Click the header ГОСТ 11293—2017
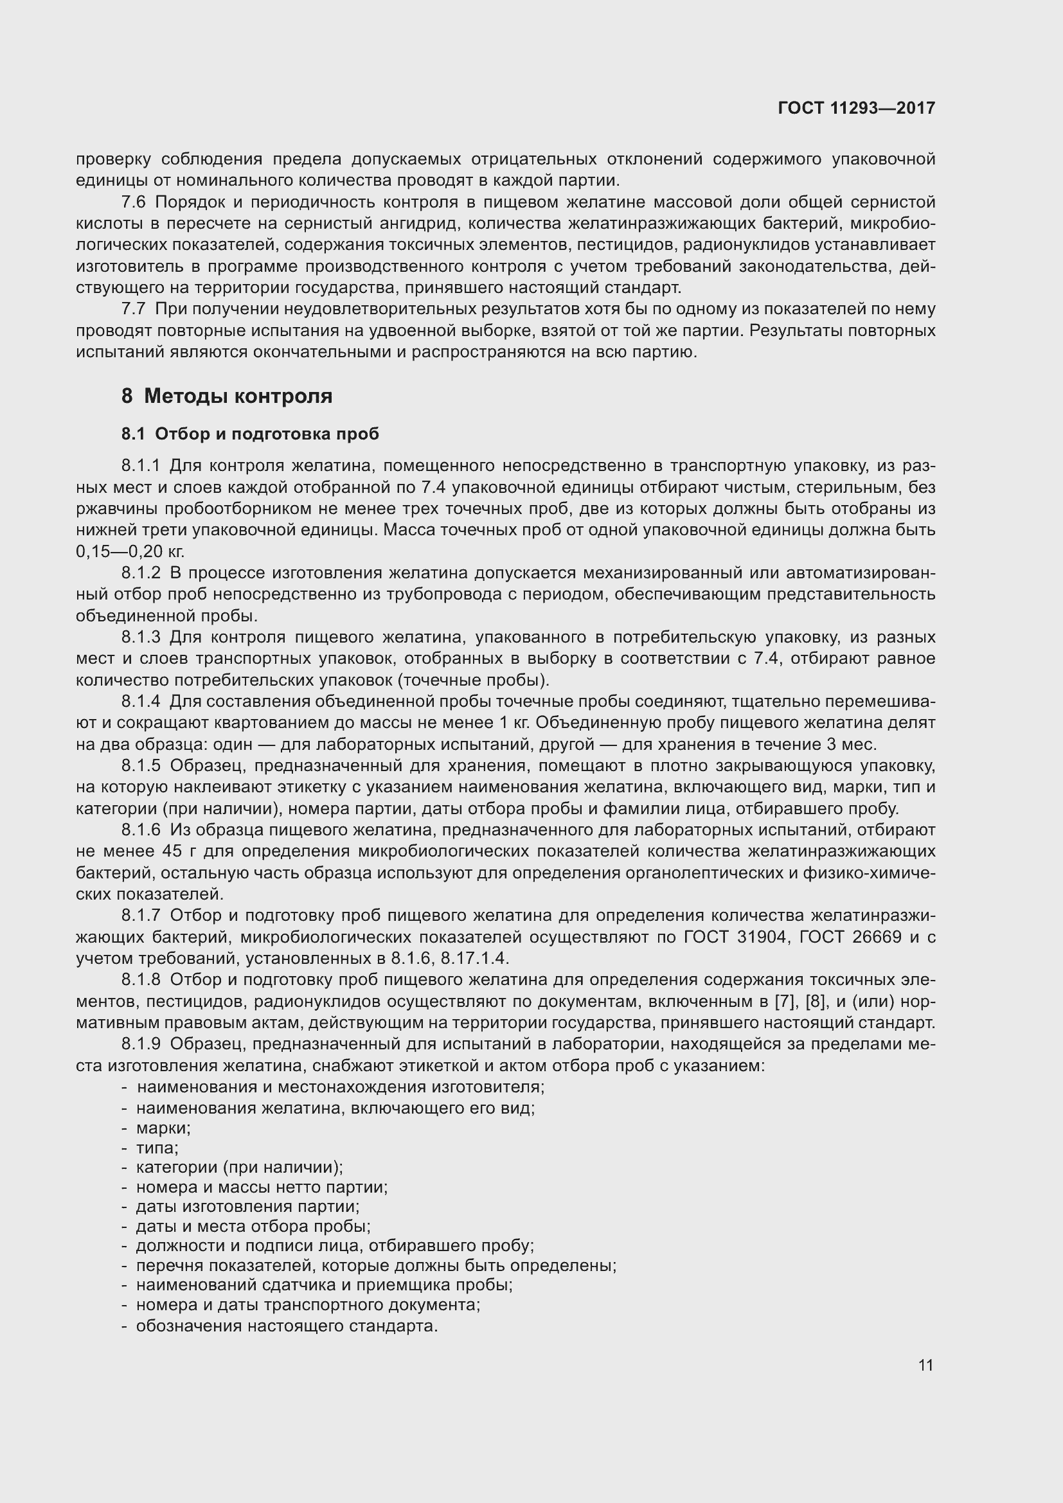(856, 108)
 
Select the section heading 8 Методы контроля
(226, 396)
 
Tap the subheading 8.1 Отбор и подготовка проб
(250, 434)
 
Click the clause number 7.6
(134, 202)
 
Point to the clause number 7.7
(134, 309)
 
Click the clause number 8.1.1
(141, 466)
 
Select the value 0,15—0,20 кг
(130, 552)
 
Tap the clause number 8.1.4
(141, 702)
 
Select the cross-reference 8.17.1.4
(474, 959)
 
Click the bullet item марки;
(163, 1128)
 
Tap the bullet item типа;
(157, 1148)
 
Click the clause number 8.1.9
(141, 1044)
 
